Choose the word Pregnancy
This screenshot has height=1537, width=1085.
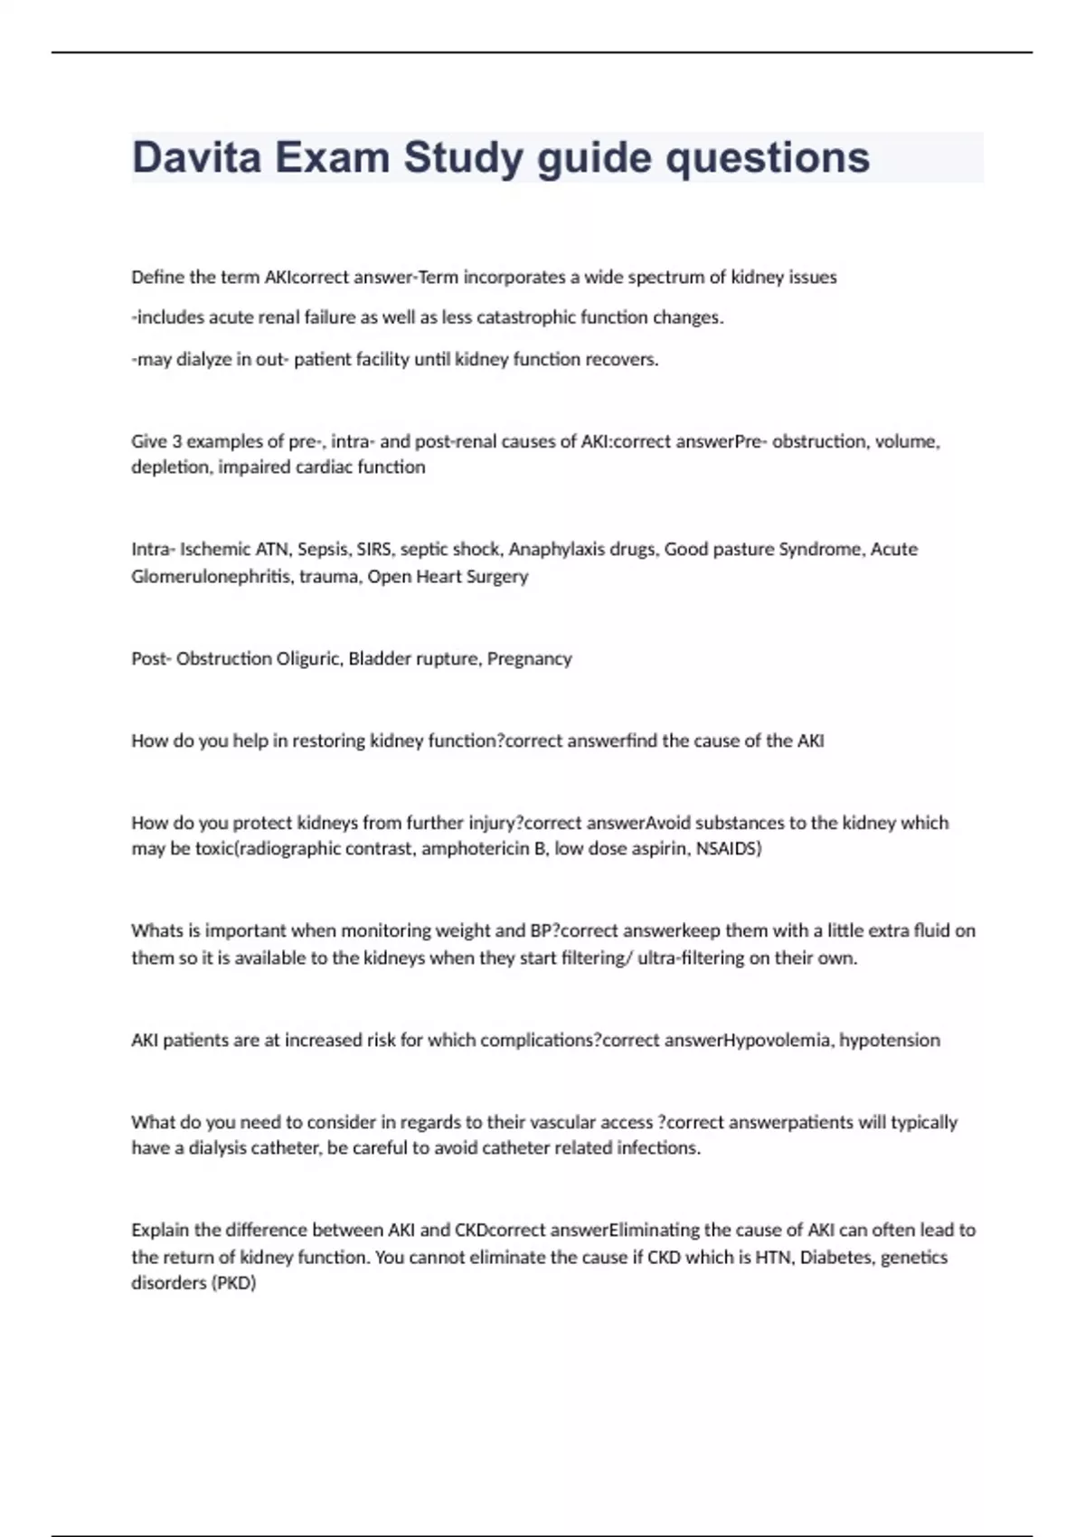[x=529, y=658]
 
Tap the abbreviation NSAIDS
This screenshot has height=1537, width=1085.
[x=729, y=849]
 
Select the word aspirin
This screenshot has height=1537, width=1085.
[x=657, y=849]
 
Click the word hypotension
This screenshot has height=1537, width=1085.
[x=890, y=1040]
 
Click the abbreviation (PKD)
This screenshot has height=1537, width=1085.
[x=233, y=1283]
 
